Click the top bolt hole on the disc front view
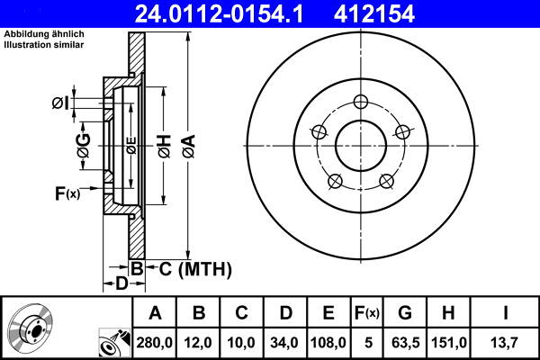361,101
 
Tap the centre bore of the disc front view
361,144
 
